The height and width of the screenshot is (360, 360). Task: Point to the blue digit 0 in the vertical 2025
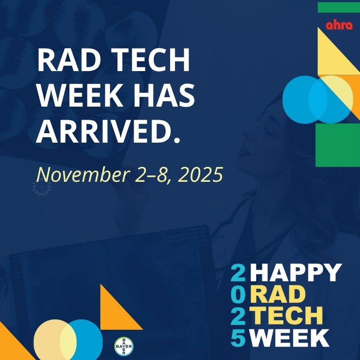[x=238, y=294]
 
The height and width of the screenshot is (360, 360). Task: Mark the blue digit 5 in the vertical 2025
[x=238, y=337]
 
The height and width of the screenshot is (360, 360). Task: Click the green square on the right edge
[x=337, y=145]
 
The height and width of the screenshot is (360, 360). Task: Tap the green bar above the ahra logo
[x=338, y=7]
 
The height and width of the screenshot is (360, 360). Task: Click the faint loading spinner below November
[x=42, y=189]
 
